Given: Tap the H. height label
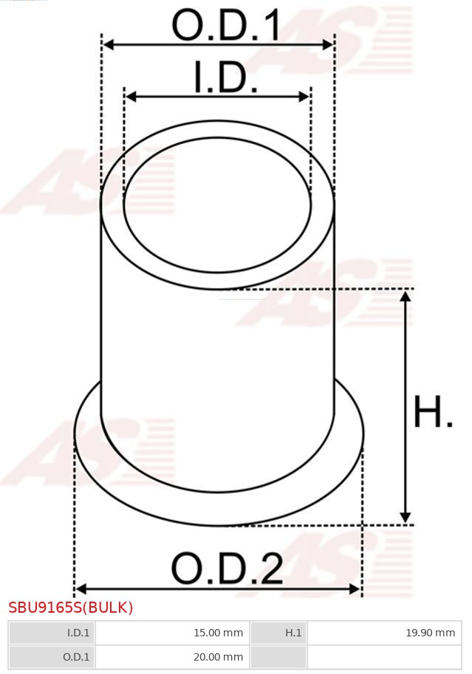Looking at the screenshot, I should [433, 413].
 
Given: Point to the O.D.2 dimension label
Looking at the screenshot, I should [227, 569].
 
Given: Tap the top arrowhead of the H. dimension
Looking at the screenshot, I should [405, 296].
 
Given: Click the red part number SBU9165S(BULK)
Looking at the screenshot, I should [71, 608].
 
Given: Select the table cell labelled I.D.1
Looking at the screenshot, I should [52, 633].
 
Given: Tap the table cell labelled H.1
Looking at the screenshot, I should [278, 633].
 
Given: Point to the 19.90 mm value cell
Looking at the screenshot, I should [383, 633].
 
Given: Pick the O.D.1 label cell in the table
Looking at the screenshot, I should [52, 656].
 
